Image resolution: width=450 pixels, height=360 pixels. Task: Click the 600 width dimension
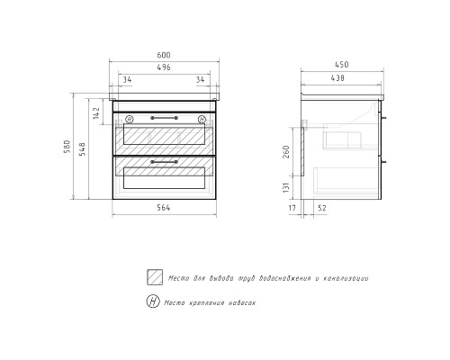164,55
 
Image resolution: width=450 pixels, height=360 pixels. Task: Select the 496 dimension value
164,67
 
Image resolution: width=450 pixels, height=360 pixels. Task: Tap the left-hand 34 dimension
127,80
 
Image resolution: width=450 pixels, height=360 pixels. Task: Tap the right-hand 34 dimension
200,80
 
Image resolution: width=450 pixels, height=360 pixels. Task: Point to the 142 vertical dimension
96,112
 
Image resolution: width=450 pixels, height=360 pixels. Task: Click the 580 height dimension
67,147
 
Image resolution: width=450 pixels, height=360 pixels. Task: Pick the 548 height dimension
83,148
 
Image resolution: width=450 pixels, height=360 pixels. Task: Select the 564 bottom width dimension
164,208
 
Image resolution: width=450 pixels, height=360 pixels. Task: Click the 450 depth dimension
341,65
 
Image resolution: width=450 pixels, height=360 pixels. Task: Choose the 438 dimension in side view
337,78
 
